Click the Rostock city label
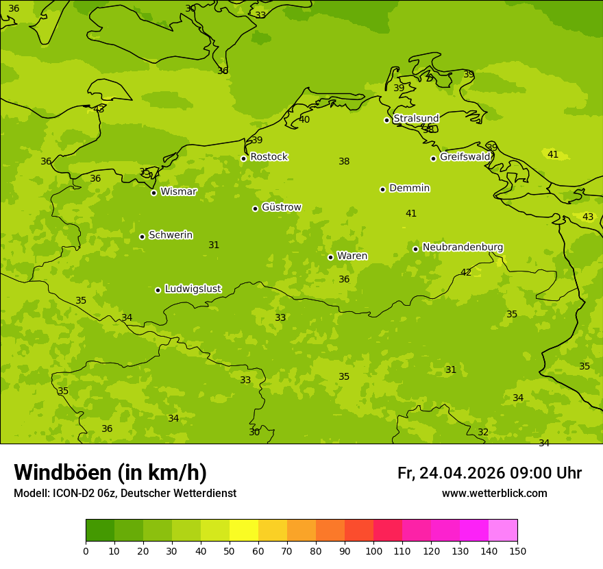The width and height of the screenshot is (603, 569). pyautogui.click(x=269, y=157)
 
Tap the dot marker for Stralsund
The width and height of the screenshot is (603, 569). pyautogui.click(x=386, y=120)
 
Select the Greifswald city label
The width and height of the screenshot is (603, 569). pyautogui.click(x=465, y=157)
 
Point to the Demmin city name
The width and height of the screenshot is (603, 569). pyautogui.click(x=409, y=188)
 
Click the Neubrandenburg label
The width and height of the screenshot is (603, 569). pyautogui.click(x=463, y=247)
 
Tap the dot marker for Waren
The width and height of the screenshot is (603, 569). pyautogui.click(x=330, y=257)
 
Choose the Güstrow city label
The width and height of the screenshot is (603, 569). pyautogui.click(x=281, y=207)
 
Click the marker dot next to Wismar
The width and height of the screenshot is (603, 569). pyautogui.click(x=153, y=193)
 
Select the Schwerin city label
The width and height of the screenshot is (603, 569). pyautogui.click(x=171, y=235)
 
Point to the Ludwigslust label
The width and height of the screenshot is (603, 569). pyautogui.click(x=193, y=289)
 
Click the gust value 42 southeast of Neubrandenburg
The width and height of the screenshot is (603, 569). pyautogui.click(x=466, y=272)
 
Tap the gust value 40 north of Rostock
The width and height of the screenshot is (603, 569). pyautogui.click(x=304, y=119)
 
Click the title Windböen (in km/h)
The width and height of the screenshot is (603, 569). pyautogui.click(x=110, y=472)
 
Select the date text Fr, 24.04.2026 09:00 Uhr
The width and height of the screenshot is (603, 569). pyautogui.click(x=489, y=473)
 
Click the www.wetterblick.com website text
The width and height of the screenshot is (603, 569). pyautogui.click(x=494, y=494)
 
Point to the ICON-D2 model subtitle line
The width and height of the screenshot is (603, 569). pyautogui.click(x=125, y=494)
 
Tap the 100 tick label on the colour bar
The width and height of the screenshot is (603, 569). pyautogui.click(x=373, y=550)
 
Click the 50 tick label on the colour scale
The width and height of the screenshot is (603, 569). pyautogui.click(x=230, y=550)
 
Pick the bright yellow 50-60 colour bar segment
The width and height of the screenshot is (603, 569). pyautogui.click(x=244, y=531)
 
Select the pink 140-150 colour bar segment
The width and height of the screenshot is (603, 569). pyautogui.click(x=503, y=531)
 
